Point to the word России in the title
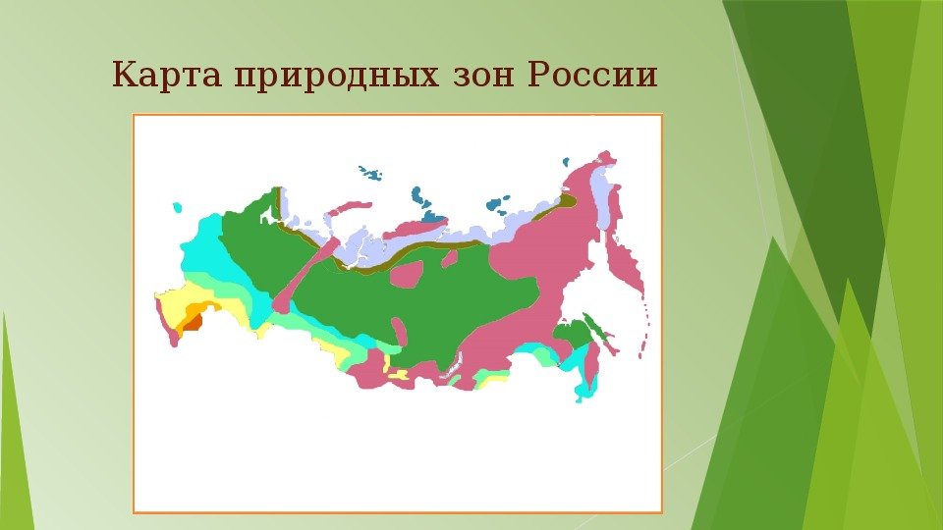click(x=591, y=76)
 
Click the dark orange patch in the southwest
click(x=193, y=323)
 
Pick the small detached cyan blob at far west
click(x=177, y=207)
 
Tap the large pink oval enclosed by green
click(x=407, y=274)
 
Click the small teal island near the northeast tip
click(x=566, y=162)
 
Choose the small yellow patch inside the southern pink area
click(x=398, y=374)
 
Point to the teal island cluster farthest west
click(x=370, y=173)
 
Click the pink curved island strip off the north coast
click(x=347, y=208)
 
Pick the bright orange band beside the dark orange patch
click(x=197, y=311)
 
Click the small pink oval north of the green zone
click(x=449, y=258)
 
